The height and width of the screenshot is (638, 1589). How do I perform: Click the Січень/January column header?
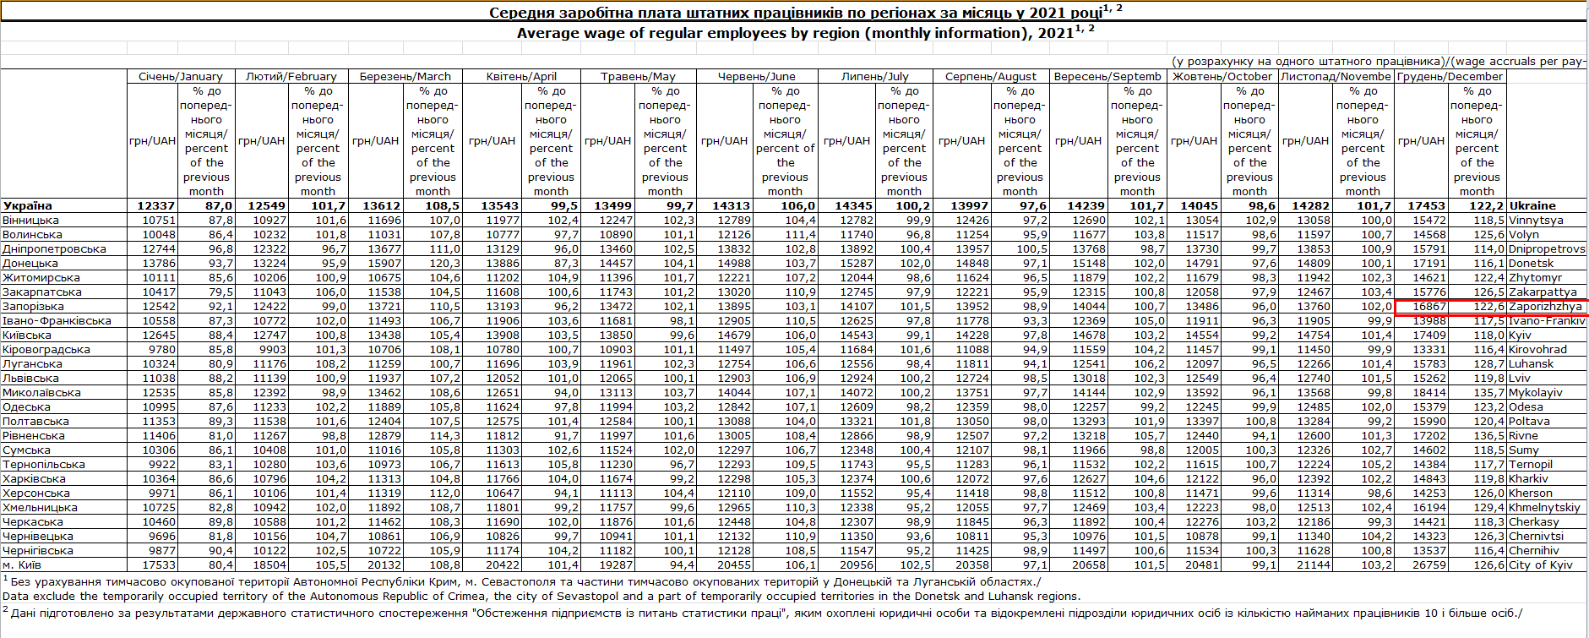181,76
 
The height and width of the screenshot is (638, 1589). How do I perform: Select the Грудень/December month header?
1450,76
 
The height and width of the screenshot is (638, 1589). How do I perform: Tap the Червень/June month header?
757,76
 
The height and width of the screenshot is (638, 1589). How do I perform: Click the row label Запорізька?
33,306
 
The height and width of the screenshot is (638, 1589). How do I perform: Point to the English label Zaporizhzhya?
1545,306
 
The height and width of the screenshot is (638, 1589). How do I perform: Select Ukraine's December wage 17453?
1426,205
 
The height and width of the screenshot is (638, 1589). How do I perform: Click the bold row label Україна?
27,205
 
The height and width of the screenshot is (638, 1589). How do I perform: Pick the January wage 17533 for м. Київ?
159,564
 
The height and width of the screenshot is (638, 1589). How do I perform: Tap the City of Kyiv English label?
1541,564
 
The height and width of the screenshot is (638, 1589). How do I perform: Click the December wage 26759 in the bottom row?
1429,564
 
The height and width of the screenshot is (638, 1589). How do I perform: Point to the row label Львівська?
30,378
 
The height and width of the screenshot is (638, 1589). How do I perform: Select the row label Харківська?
34,478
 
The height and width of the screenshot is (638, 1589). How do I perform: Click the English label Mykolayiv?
1536,392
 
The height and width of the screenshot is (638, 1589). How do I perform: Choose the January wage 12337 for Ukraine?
156,205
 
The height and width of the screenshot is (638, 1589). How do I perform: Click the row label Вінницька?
30,220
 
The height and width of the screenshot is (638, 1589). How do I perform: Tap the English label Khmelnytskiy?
1544,507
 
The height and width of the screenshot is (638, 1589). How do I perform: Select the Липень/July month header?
874,76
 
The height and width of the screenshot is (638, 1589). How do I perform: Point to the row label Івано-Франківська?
57,320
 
